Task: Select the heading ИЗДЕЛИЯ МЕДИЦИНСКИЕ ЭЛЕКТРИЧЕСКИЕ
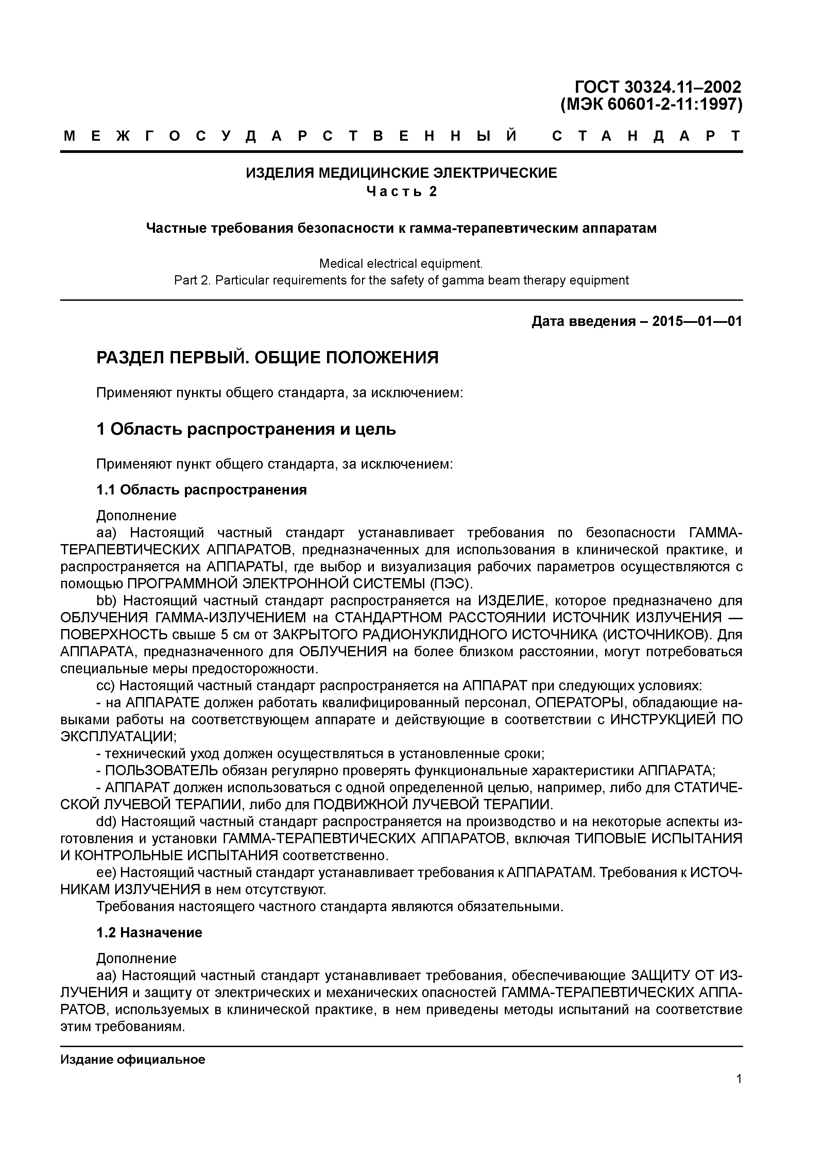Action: [401, 173]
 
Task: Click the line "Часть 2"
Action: [401, 192]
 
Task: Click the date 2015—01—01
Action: [697, 322]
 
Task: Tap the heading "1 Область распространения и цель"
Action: [246, 429]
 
